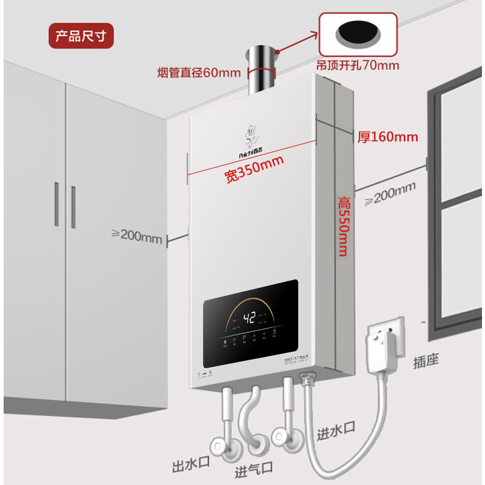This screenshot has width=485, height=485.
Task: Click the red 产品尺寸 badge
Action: (x=81, y=36)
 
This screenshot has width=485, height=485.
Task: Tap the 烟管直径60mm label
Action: (x=199, y=73)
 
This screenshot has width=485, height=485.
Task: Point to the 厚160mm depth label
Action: (x=388, y=136)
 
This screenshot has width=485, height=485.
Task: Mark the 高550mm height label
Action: (x=343, y=225)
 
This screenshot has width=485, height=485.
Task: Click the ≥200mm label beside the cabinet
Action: (x=138, y=235)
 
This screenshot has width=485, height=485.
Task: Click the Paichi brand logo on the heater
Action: (x=253, y=143)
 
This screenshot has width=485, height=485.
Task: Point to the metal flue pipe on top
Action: (x=261, y=70)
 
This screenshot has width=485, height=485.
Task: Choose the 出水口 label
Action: (x=190, y=466)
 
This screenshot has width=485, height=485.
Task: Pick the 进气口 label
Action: (x=253, y=468)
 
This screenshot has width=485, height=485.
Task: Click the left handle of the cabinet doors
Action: (x=57, y=204)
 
